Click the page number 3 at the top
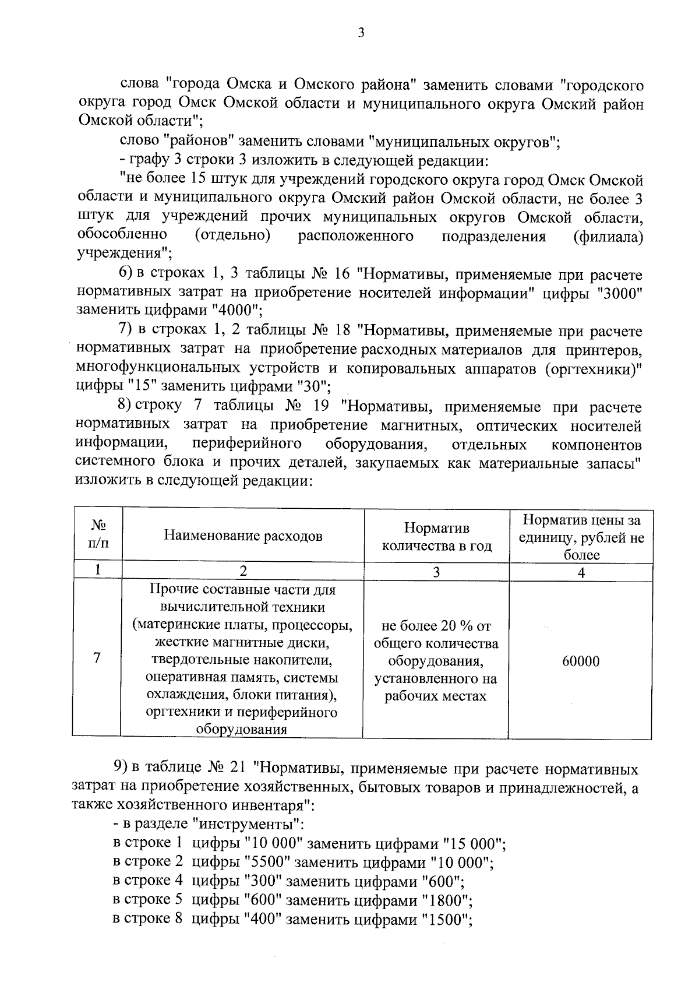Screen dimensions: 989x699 click(x=361, y=33)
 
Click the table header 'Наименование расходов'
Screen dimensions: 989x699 click(x=243, y=536)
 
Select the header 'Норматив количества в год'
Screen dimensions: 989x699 click(x=436, y=537)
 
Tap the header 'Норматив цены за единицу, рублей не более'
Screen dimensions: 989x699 click(x=581, y=537)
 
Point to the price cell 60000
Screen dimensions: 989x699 click(x=581, y=661)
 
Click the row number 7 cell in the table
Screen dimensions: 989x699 click(x=97, y=659)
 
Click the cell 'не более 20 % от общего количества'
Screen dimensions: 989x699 click(x=436, y=635)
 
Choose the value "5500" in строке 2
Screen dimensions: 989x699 click(x=264, y=862)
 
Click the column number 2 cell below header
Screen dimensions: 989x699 click(x=243, y=572)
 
